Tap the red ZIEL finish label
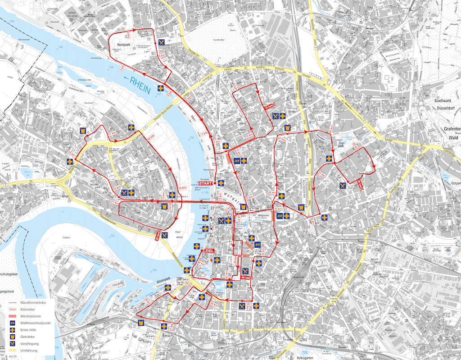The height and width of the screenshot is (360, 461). click(209, 251)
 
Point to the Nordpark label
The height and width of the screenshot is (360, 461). click(123, 46)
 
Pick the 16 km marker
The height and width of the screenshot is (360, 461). click(71, 153)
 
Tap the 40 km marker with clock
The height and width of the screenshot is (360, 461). click(246, 278)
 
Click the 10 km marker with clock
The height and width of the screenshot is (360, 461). click(268, 106)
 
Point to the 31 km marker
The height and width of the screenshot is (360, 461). click(322, 174)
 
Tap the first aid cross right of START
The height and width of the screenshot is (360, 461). click(221, 183)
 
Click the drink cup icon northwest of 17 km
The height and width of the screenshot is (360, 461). click(83, 131)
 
